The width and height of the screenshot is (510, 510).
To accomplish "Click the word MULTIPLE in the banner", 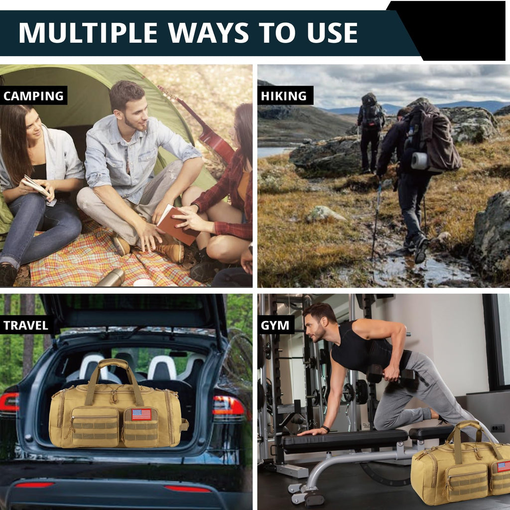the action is [88, 33].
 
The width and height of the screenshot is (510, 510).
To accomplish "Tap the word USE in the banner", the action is [332, 33].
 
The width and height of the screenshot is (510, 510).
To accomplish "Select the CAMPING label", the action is [33, 96].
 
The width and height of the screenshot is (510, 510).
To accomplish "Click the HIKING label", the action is [283, 96].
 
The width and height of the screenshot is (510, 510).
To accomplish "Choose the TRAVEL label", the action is [26, 325].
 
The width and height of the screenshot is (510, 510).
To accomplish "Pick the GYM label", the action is [275, 325].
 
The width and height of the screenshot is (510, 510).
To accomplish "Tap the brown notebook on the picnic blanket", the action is [177, 225].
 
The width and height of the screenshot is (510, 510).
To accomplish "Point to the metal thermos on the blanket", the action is [111, 278].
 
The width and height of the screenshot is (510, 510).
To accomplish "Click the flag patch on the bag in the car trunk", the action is [141, 414].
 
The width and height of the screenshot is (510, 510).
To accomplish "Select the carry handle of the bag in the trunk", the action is [114, 381].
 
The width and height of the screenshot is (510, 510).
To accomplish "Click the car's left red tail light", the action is [9, 402].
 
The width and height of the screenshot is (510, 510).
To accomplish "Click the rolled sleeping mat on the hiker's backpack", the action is [420, 161].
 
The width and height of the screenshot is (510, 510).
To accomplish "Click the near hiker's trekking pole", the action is [376, 221].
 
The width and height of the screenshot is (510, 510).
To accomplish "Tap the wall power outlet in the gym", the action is [498, 428].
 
